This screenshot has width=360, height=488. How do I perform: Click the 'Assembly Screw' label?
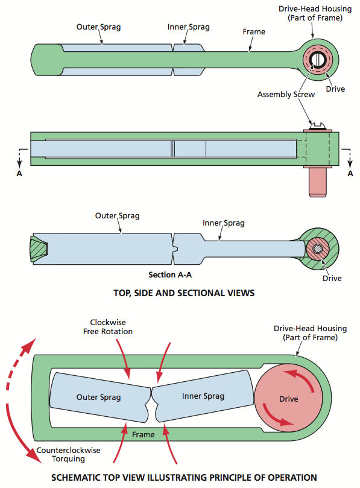pyautogui.click(x=286, y=95)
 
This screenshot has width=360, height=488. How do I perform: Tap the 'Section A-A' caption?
pyautogui.click(x=170, y=275)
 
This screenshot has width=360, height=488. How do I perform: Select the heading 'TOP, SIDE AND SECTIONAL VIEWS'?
pyautogui.click(x=184, y=293)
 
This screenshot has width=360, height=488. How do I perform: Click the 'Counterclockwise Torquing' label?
pyautogui.click(x=68, y=454)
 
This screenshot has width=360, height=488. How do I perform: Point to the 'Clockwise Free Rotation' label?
pyautogui.click(x=108, y=327)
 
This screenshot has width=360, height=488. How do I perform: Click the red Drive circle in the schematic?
pyautogui.click(x=288, y=398)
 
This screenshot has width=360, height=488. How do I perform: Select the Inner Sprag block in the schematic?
pyautogui.click(x=203, y=396)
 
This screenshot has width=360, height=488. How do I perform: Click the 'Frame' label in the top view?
pyautogui.click(x=254, y=32)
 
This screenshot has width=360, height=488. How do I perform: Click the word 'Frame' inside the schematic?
pyautogui.click(x=143, y=434)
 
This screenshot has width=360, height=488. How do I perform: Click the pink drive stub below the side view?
pyautogui.click(x=318, y=182)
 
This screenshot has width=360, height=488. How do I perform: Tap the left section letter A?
pyautogui.click(x=19, y=174)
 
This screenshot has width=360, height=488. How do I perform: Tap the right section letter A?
pyautogui.click(x=350, y=174)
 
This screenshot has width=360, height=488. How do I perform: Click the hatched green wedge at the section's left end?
pyautogui.click(x=39, y=249)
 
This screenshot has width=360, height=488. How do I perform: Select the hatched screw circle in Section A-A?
pyautogui.click(x=317, y=249)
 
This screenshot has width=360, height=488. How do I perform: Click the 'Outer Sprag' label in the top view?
pyautogui.click(x=98, y=27)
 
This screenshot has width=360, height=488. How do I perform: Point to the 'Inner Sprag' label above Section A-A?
pyautogui.click(x=223, y=223)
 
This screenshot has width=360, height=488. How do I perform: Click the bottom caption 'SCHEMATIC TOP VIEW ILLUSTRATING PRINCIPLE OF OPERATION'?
pyautogui.click(x=184, y=477)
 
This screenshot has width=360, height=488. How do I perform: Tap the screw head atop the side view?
pyautogui.click(x=318, y=125)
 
